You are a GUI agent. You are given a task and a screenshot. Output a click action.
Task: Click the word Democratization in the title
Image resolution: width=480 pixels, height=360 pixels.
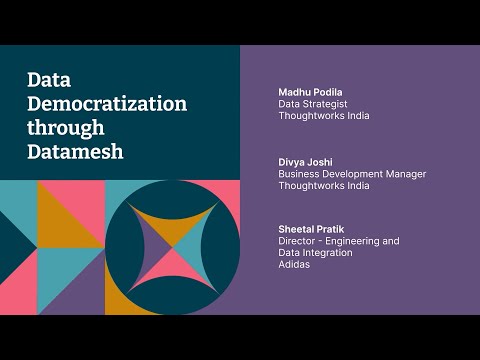(107, 104)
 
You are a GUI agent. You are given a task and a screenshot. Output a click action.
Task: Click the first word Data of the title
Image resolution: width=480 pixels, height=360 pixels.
(46, 80)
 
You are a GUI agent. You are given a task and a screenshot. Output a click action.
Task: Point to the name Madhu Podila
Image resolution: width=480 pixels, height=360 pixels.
(310, 92)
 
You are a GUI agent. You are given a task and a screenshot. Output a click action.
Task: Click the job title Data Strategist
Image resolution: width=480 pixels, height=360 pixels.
(312, 104)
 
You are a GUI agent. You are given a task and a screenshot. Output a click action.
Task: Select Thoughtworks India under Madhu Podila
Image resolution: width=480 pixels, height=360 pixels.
(323, 116)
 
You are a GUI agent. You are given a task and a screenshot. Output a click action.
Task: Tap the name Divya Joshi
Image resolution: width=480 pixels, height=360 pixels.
(305, 161)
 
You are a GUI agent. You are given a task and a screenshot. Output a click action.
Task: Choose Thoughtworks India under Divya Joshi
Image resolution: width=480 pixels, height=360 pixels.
(323, 186)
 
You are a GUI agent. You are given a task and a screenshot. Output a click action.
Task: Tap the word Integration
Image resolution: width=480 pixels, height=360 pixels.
(329, 253)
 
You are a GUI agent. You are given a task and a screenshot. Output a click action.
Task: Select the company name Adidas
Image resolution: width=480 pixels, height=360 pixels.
(293, 265)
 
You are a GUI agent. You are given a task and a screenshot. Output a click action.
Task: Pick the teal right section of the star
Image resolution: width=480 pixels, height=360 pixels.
(195, 243)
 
